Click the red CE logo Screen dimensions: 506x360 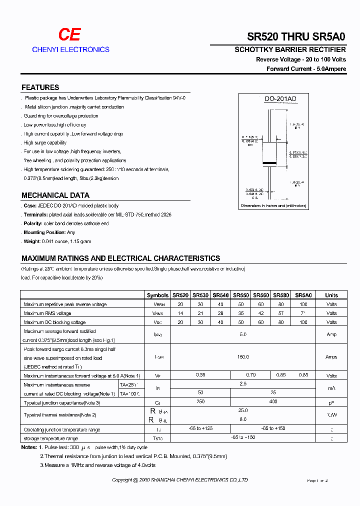coord(69,34)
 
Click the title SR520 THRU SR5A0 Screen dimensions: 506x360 coord(296,36)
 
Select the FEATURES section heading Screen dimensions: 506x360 coord(40,87)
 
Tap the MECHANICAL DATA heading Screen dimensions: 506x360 coord(55,195)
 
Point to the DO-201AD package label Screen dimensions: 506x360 coord(280,99)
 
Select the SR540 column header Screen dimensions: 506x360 coord(220,295)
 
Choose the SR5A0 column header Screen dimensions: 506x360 coord(303,295)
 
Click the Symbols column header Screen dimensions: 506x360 coord(157,295)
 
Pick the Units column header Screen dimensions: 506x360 coord(331,295)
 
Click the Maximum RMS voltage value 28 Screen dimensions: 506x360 coord(220,313)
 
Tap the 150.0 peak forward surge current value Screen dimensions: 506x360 coord(243,357)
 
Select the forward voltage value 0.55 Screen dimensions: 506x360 coord(200,375)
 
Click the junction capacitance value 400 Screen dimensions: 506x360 coord(273,402)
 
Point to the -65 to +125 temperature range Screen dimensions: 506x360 coord(200,429)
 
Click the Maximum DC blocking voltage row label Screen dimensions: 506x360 coord(54,322)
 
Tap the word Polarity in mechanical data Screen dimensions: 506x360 coord(33,223)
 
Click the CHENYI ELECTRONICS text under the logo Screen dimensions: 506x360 coord(70,49)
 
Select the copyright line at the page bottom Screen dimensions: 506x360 coord(180,480)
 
